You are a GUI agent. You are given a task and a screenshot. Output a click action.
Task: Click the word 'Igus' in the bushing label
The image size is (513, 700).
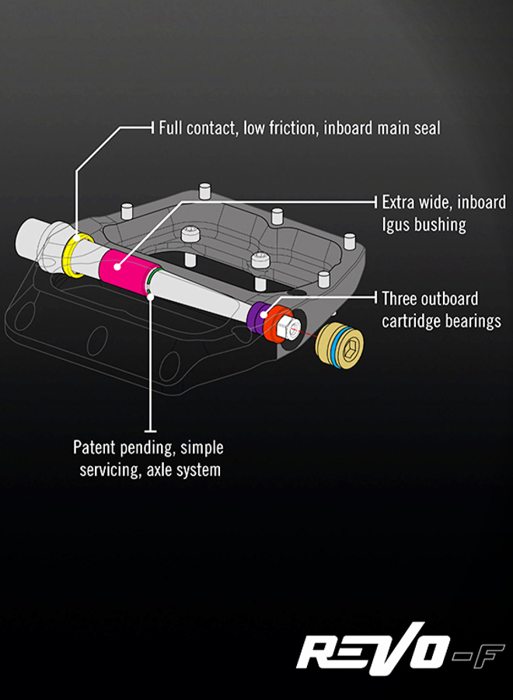398,225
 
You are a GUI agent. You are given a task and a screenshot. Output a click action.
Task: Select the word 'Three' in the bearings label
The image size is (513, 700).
399,299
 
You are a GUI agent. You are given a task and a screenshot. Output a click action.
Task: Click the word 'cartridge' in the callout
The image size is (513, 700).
411,320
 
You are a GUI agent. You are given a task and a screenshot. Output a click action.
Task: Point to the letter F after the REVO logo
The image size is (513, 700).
488,648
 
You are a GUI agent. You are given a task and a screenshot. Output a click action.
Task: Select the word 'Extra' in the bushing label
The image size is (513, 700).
399,203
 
